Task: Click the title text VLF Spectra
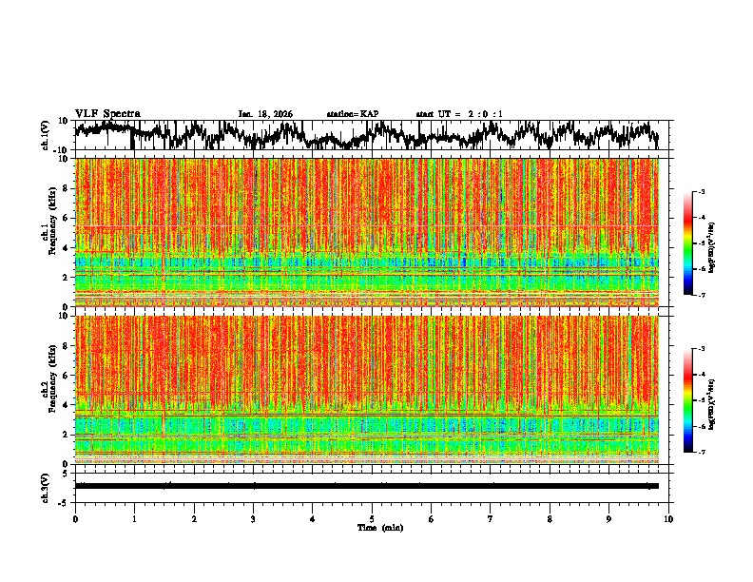(107, 114)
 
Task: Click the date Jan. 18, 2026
(265, 114)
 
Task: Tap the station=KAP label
(352, 114)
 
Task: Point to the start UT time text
(459, 114)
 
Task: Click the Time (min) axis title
(379, 527)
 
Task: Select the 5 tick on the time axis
(372, 519)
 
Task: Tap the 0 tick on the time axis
(75, 519)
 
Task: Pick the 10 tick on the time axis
(668, 519)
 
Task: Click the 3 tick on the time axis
(253, 519)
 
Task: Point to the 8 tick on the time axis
(550, 519)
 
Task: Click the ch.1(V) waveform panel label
(45, 135)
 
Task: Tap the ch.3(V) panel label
(45, 485)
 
